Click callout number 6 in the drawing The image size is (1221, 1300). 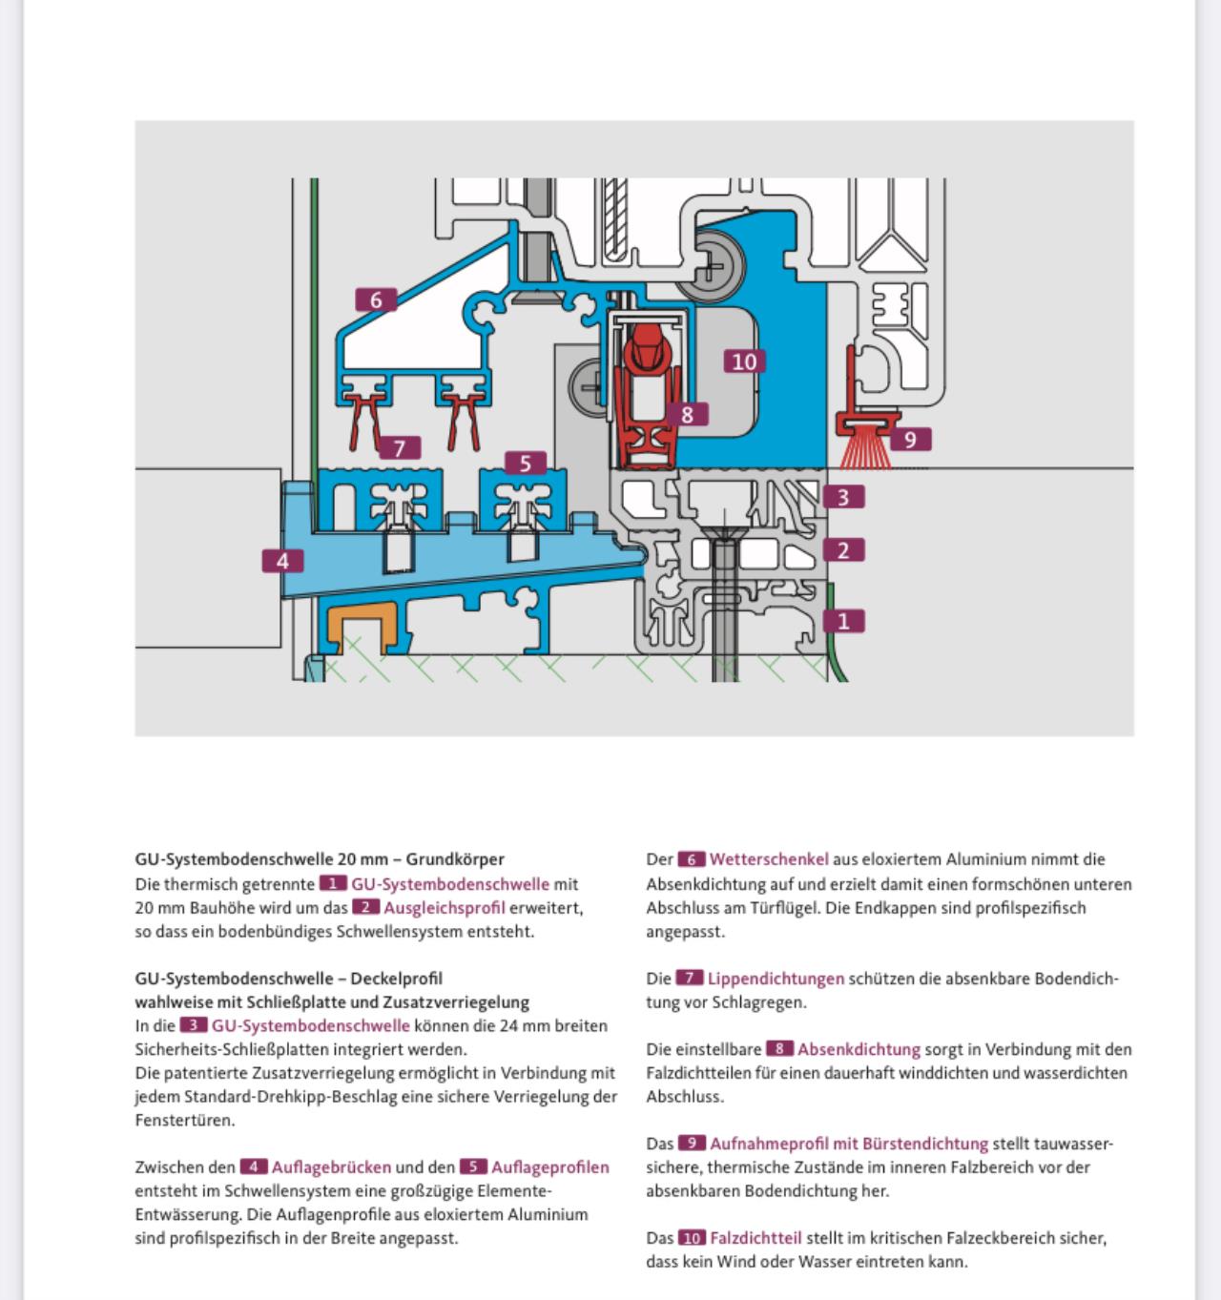tap(376, 299)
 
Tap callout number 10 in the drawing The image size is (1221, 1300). tap(744, 361)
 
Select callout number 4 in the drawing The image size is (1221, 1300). tap(282, 561)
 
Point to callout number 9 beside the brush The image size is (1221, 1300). tap(910, 440)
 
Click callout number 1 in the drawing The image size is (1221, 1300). tap(843, 621)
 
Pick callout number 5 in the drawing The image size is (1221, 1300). tap(525, 464)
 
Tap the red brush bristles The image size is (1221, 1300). tap(865, 452)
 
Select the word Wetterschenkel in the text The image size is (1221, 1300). tap(769, 858)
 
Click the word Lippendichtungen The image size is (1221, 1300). tap(776, 979)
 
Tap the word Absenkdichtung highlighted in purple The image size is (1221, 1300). tap(859, 1049)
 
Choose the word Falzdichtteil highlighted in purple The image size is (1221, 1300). tap(755, 1238)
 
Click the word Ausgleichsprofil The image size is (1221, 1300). tap(445, 908)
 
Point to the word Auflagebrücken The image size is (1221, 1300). tap(331, 1167)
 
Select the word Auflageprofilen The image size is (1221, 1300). tap(550, 1167)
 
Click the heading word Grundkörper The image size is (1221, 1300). tap(455, 858)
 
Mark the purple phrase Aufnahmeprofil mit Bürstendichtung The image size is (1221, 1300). tap(849, 1144)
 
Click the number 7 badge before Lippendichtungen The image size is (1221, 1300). tap(690, 978)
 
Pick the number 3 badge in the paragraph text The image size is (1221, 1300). tap(193, 1025)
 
